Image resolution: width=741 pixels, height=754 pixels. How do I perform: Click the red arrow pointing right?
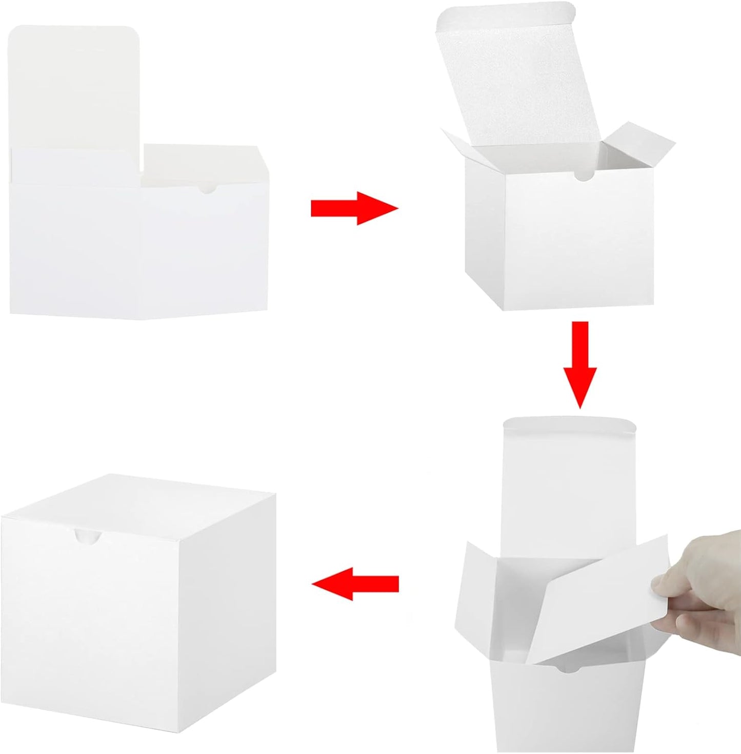pos(354,208)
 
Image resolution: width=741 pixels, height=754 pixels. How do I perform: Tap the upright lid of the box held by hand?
pos(569,488)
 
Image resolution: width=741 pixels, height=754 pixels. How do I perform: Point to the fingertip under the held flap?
pos(687,624)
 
